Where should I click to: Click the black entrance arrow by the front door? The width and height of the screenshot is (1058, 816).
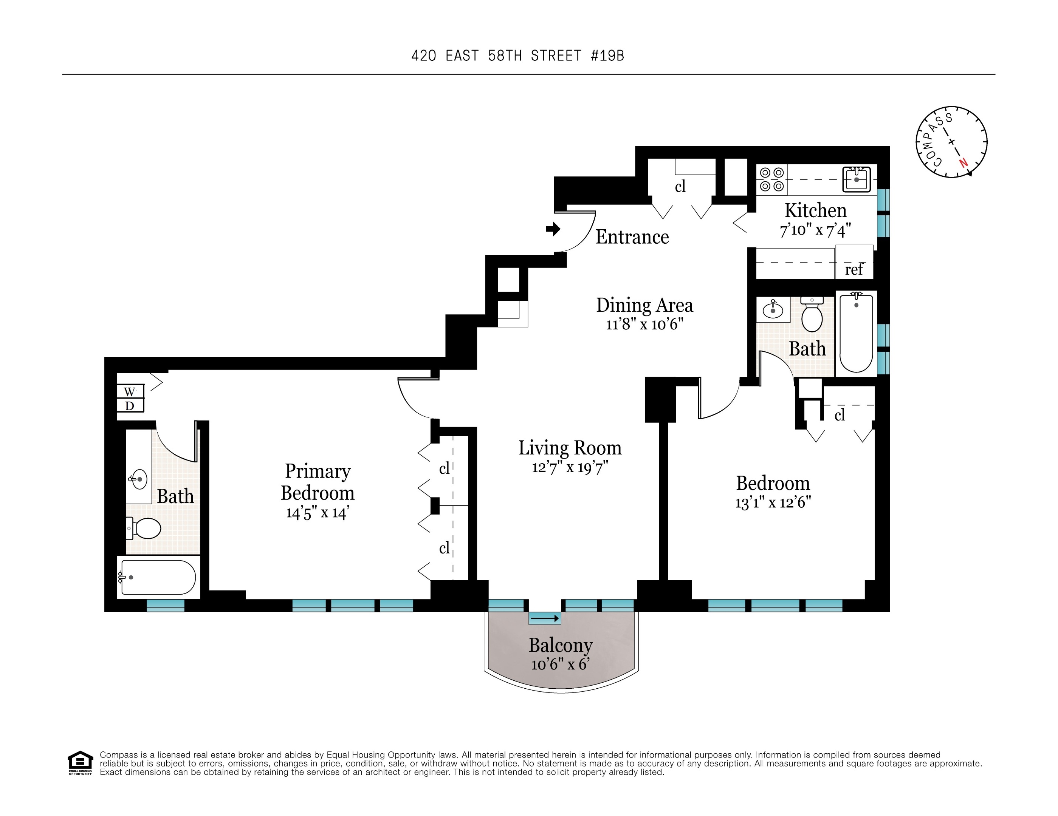click(553, 229)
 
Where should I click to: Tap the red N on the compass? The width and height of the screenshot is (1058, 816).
click(964, 163)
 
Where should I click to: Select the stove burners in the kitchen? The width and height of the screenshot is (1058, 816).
click(772, 179)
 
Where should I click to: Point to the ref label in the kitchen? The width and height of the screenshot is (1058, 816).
click(854, 269)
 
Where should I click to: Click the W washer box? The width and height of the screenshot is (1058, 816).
click(130, 391)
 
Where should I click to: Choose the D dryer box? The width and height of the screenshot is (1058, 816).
click(130, 406)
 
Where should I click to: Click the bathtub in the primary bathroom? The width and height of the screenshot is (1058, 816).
click(158, 577)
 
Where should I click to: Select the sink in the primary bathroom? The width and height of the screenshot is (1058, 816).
click(139, 479)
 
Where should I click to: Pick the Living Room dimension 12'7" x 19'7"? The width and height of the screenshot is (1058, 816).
click(570, 467)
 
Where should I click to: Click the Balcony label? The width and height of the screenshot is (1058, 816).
click(561, 645)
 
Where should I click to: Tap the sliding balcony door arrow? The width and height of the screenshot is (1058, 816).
click(545, 618)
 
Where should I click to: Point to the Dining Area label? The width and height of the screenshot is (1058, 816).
click(644, 305)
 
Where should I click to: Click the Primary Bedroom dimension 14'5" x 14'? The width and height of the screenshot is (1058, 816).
click(317, 512)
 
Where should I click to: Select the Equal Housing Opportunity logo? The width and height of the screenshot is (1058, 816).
click(80, 763)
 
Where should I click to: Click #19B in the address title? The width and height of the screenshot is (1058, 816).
click(607, 56)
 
